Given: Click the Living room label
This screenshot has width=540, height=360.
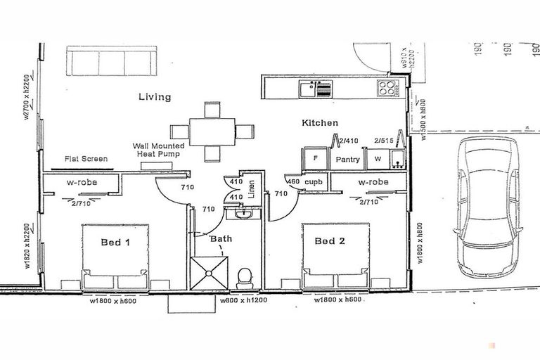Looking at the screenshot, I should point(154,97).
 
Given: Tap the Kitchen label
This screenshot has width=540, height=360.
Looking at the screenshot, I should point(320,123).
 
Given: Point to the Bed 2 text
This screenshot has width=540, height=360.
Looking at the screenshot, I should point(330,241).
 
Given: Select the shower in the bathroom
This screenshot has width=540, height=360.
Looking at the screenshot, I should point(211,274).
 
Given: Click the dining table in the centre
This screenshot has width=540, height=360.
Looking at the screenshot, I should point(213,131).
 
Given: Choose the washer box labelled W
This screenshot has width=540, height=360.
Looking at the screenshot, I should point(377,159).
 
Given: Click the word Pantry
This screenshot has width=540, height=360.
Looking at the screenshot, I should point(347,160).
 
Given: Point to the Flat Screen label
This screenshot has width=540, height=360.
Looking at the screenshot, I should point(86,159).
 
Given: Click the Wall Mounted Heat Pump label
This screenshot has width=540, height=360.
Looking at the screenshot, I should point(159,150).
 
